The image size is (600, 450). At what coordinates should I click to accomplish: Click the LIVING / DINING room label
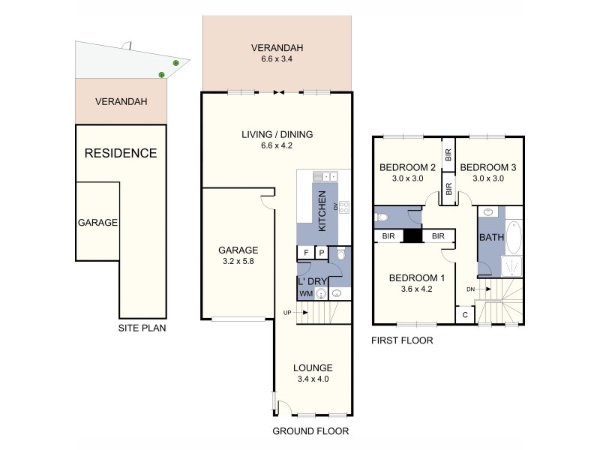pos(277,135)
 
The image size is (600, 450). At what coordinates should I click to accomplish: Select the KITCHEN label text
pos(322,211)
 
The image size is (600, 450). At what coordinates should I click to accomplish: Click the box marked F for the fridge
pos(306,253)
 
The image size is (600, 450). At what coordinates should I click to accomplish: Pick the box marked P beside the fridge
pos(321,253)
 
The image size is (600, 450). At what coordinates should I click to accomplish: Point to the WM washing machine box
pos(306,293)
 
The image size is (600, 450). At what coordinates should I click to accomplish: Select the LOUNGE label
pos(313,367)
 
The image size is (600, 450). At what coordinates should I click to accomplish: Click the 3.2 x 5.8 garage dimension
pos(238,262)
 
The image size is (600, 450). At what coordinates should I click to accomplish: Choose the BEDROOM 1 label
pos(417,277)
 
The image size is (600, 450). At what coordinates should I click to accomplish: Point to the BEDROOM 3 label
pos(490,166)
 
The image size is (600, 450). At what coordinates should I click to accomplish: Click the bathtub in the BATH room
pos(514,238)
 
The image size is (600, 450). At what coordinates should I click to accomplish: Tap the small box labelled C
pos(465,315)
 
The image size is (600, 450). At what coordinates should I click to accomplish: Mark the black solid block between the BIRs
pos(412,236)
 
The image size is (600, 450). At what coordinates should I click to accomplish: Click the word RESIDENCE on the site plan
pos(120,154)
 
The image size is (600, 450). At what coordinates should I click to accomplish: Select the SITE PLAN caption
pos(142,328)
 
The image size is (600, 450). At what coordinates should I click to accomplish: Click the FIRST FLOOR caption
pos(402,340)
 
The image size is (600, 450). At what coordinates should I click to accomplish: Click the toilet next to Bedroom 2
pos(382,217)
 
